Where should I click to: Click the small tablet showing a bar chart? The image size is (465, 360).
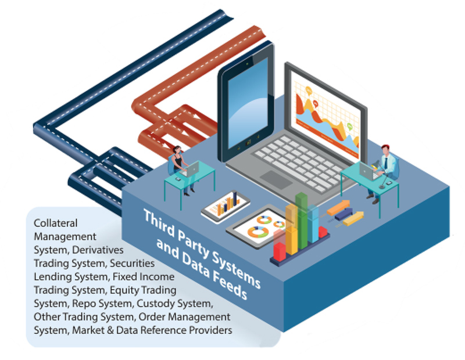(226, 205)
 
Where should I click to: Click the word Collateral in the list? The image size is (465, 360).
(55, 223)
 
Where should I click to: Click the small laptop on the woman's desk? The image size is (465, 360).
(190, 169)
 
